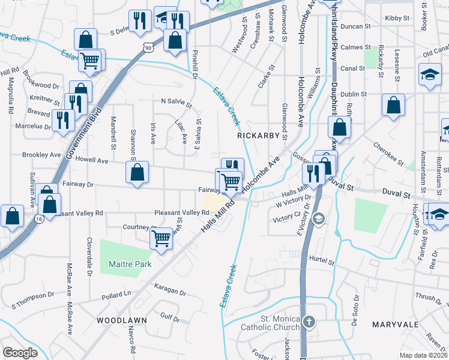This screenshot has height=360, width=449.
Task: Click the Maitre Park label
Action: pyautogui.click(x=130, y=264)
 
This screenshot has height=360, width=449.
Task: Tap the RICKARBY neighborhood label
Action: pyautogui.click(x=258, y=136)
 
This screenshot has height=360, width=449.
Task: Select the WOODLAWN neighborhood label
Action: pyautogui.click(x=122, y=320)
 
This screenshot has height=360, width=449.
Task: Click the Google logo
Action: pyautogui.click(x=20, y=353)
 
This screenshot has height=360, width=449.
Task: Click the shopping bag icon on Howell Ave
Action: pyautogui.click(x=137, y=172)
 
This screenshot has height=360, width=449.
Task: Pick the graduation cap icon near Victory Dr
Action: pyautogui.click(x=319, y=218)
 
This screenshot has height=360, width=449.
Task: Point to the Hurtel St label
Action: pyautogui.click(x=322, y=262)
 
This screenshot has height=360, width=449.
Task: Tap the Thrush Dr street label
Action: pyautogui.click(x=428, y=297)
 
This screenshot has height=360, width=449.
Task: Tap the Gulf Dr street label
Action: pyautogui.click(x=170, y=316)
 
